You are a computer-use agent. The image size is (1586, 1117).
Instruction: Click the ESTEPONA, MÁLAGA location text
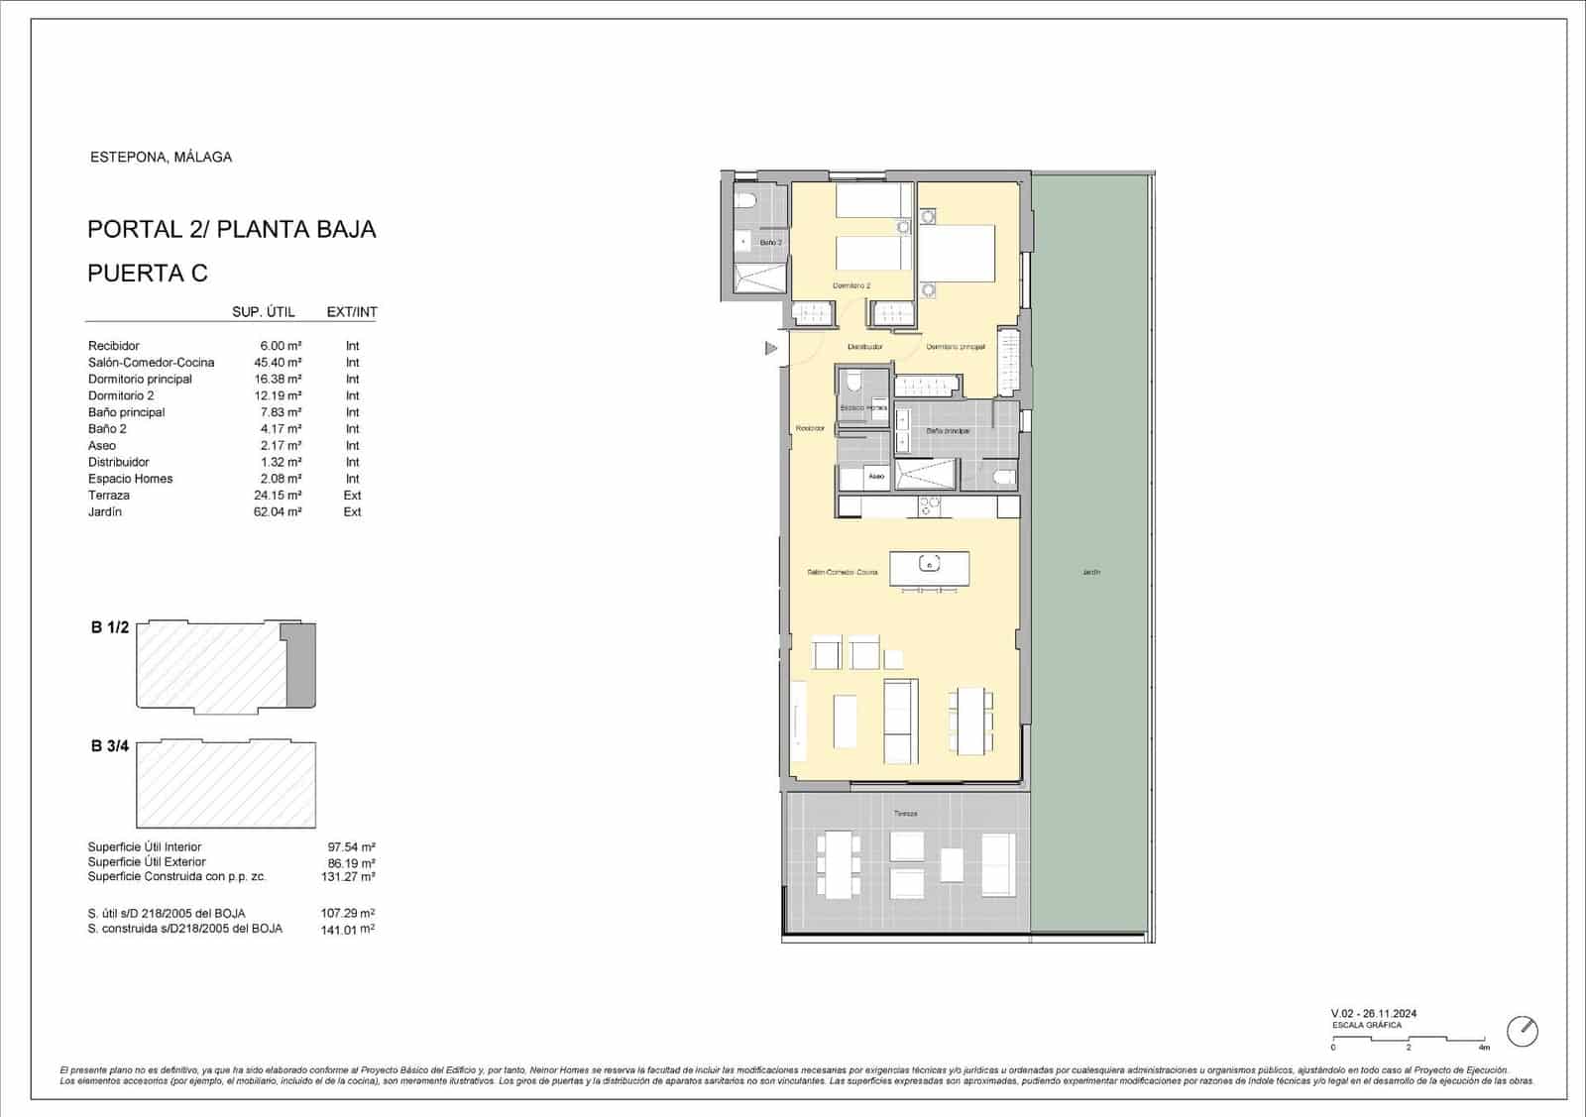pos(161,157)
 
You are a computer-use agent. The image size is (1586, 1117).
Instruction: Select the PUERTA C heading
pos(148,274)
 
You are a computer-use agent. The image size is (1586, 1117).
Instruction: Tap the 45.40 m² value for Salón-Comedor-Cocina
pos(278,363)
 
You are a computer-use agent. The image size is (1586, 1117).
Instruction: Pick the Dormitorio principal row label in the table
pos(140,380)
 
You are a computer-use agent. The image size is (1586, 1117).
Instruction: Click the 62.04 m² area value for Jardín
pos(278,512)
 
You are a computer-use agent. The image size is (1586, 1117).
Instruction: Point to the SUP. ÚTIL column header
pos(263,312)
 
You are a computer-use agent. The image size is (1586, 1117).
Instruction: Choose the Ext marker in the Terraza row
pos(352,496)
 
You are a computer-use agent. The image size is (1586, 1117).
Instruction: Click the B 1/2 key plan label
pos(110,627)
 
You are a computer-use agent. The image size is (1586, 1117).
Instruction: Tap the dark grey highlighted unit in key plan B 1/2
pos(301,666)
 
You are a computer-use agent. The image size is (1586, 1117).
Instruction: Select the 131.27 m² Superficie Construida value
pos(351,877)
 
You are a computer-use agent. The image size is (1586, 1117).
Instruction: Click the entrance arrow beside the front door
pos(771,349)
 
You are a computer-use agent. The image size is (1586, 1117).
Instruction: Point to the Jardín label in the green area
pos(1091,572)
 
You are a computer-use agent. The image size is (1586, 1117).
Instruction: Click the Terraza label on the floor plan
pos(905,814)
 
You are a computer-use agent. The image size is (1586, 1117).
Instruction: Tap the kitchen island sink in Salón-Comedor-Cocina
pos(929,564)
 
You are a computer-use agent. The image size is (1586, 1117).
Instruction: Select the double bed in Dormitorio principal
pos(957,254)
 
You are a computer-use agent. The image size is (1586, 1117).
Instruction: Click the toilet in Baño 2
pos(746,201)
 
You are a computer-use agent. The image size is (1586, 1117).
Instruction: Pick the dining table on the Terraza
pos(838,864)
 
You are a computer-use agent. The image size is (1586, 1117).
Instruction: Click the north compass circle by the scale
pos(1523,1031)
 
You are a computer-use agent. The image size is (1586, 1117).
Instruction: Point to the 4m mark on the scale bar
pos(1484,1047)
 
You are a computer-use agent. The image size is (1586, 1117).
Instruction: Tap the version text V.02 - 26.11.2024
pos(1374,1013)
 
